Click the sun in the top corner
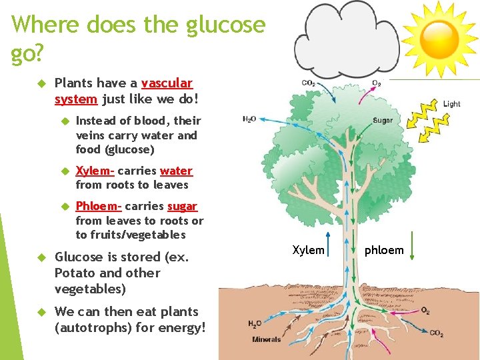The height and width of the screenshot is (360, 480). pyautogui.click(x=439, y=33)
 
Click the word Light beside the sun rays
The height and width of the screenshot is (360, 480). pyautogui.click(x=451, y=104)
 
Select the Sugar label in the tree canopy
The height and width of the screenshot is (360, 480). pyautogui.click(x=383, y=121)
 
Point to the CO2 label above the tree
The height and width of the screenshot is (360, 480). pyautogui.click(x=309, y=83)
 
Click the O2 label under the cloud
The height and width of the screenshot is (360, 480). pyautogui.click(x=377, y=83)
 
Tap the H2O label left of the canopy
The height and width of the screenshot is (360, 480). pyautogui.click(x=249, y=119)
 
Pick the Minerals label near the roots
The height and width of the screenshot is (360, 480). pyautogui.click(x=266, y=339)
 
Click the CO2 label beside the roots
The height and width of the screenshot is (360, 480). pyautogui.click(x=436, y=333)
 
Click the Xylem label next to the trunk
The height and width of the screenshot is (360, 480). pyautogui.click(x=309, y=250)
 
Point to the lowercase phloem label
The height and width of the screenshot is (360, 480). pyautogui.click(x=385, y=250)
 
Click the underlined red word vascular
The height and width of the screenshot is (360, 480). pyautogui.click(x=167, y=83)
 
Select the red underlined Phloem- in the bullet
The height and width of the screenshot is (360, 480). pyautogui.click(x=99, y=206)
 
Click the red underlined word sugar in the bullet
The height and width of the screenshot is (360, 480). pyautogui.click(x=182, y=206)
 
